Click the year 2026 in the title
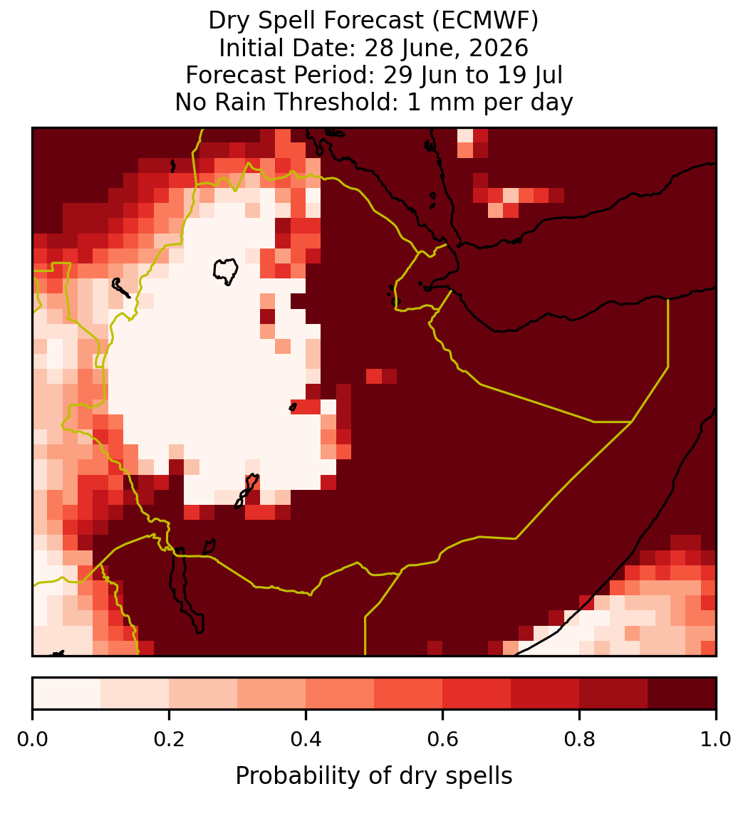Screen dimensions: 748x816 coord(499,48)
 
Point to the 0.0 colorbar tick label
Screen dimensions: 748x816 coord(32,739)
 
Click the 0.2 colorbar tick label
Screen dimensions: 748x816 coord(169,739)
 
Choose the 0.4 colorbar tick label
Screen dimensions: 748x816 coord(306,739)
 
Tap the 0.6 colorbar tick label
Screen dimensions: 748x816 coord(443,739)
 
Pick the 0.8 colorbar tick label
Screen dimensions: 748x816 coord(579,739)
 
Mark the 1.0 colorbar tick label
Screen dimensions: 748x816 coord(716,739)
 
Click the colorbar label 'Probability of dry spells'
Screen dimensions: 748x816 coord(374,776)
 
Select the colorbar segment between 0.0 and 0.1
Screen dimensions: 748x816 coord(67,694)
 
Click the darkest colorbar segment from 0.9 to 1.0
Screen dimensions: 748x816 coord(682,694)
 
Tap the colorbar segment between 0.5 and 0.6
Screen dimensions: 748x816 coord(409,694)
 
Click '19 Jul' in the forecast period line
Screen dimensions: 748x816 coord(531,75)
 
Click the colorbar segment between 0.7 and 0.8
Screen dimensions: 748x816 coord(545,694)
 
